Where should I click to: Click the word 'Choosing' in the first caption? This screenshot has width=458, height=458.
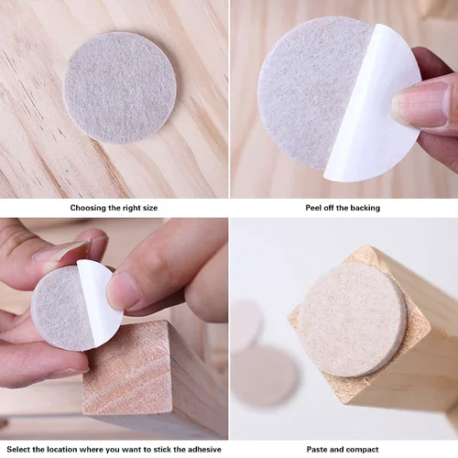click(93, 208)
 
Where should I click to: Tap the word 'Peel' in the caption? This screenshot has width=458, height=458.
click(314, 208)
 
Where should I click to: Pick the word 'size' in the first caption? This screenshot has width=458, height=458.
click(148, 208)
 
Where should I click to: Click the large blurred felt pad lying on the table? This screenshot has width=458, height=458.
click(265, 376)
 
